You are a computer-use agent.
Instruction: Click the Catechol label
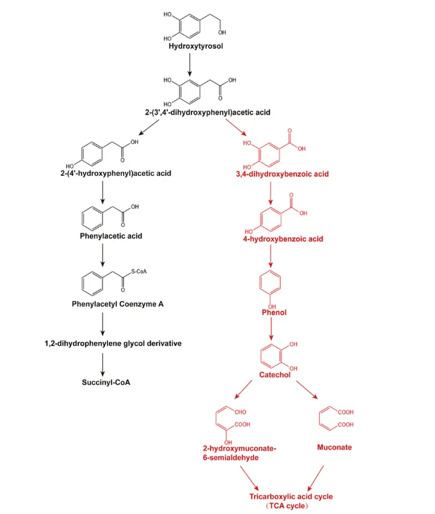[274, 375]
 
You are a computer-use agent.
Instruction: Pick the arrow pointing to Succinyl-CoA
[102, 364]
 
